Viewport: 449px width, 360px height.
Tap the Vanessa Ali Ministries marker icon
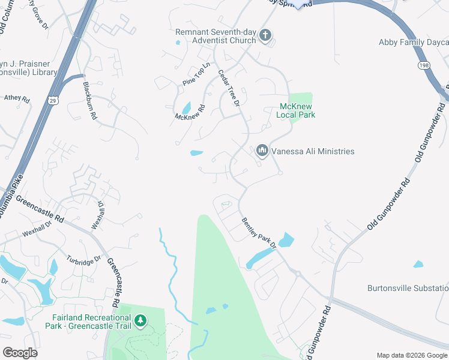pyautogui.click(x=262, y=151)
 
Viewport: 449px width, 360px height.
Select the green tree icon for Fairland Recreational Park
pyautogui.click(x=140, y=321)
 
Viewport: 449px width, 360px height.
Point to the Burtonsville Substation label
pyautogui.click(x=408, y=288)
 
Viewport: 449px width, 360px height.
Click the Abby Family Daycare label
pyautogui.click(x=414, y=42)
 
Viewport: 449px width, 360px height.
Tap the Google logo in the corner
pyautogui.click(x=20, y=353)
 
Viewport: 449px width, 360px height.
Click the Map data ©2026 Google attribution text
pyautogui.click(x=412, y=355)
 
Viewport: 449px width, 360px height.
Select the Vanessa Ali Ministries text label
pyautogui.click(x=313, y=151)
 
